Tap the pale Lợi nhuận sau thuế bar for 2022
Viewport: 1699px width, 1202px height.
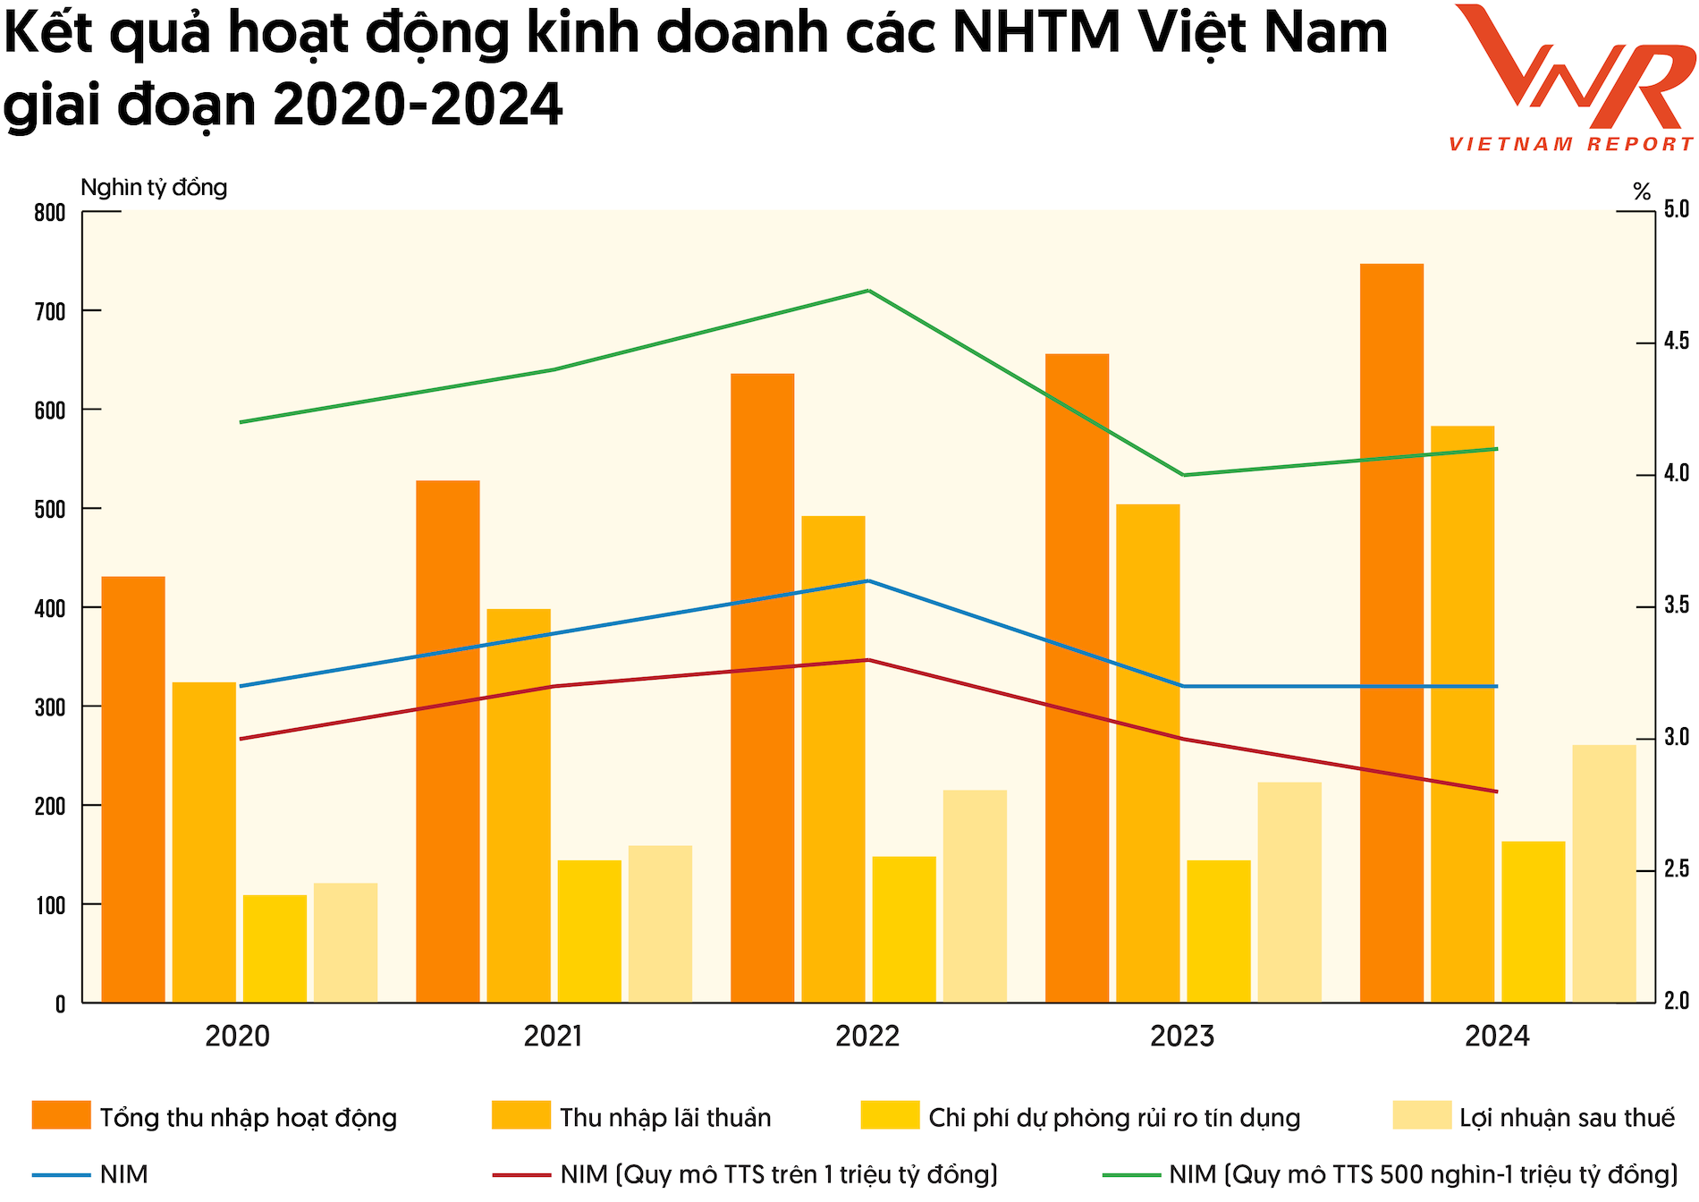[975, 895]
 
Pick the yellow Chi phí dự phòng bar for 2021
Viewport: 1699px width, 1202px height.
[589, 930]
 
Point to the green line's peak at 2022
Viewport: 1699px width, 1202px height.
[868, 291]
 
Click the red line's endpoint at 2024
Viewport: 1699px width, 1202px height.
[1497, 791]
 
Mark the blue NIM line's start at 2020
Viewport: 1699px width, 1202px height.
[240, 686]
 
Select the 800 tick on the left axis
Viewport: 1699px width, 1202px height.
[50, 213]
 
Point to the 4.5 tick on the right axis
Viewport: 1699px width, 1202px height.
[1676, 342]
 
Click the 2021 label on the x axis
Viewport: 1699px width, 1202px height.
[553, 1037]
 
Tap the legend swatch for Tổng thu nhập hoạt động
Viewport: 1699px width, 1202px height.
[61, 1115]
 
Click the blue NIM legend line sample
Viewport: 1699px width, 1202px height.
[61, 1174]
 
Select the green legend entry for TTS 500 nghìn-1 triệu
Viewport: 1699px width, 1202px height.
[1422, 1174]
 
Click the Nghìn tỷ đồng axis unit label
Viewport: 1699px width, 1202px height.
[154, 188]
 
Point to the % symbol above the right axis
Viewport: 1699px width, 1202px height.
[1642, 191]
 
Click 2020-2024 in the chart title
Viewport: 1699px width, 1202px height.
[418, 106]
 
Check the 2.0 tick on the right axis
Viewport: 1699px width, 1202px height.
[1676, 1001]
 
